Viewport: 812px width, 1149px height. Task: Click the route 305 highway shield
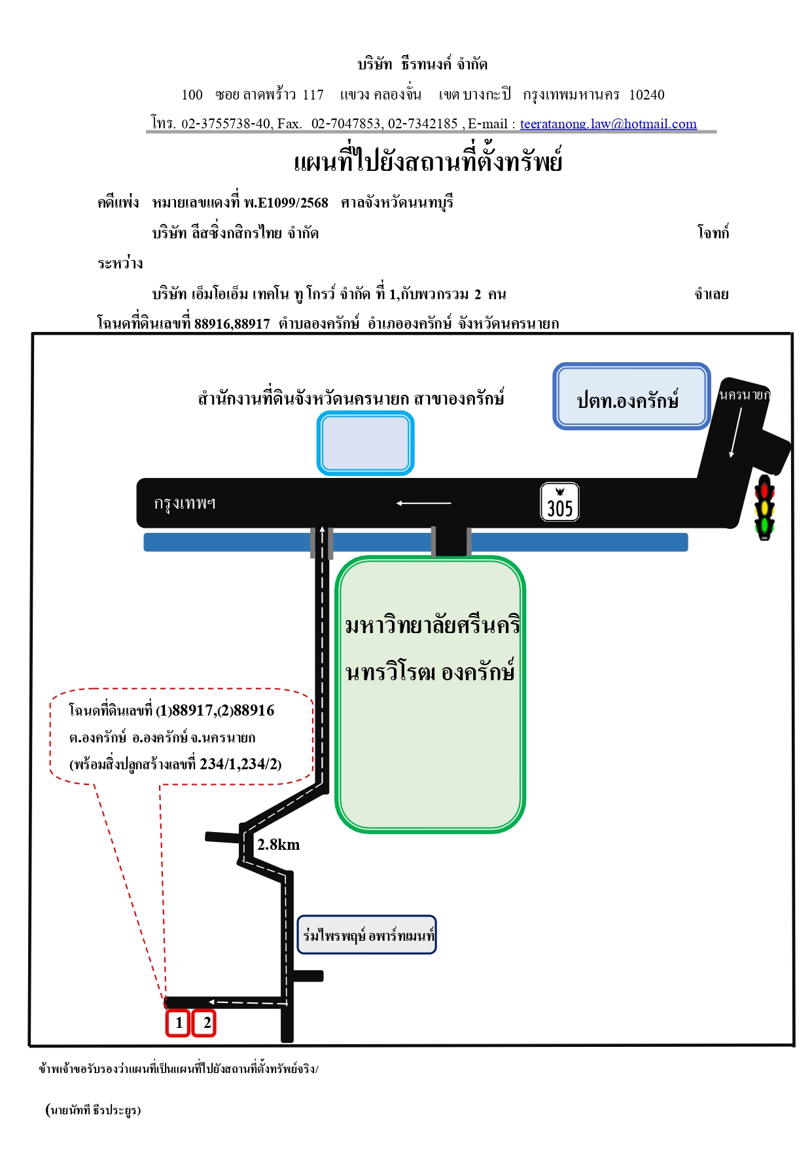[560, 502]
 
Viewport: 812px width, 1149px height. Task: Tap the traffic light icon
[764, 507]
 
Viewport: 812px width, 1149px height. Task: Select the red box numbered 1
[178, 1023]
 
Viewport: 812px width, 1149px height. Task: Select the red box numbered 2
[204, 1023]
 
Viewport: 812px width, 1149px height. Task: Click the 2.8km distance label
[279, 845]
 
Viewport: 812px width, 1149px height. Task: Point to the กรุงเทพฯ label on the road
[185, 503]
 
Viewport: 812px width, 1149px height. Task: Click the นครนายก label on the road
[745, 394]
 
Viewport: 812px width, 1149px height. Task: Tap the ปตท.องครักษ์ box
[631, 396]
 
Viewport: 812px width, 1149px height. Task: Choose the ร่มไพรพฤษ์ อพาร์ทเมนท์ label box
[367, 935]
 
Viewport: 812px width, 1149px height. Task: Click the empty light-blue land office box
[366, 443]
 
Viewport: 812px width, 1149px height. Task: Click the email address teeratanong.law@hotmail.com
[609, 124]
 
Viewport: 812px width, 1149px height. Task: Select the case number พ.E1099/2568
[286, 202]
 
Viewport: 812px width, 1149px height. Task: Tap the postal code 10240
[647, 95]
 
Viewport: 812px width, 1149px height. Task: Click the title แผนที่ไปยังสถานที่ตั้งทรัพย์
[429, 160]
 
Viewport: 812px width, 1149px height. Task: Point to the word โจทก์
[713, 232]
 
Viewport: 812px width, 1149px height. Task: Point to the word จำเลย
[712, 294]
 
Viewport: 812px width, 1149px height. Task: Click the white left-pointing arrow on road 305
[424, 503]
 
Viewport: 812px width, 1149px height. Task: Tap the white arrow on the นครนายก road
[736, 432]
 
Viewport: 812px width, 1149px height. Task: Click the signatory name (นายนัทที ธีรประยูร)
[94, 1110]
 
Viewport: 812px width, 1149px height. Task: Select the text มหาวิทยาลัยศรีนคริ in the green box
[432, 625]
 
